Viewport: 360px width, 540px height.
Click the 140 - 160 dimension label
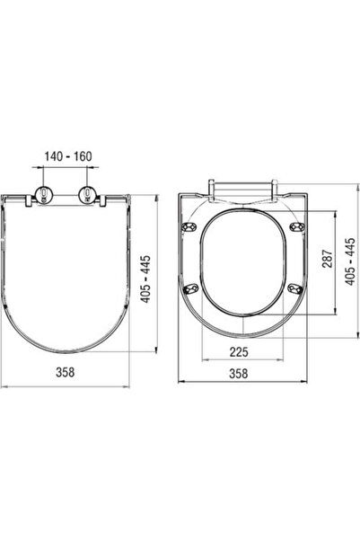pyautogui.click(x=68, y=156)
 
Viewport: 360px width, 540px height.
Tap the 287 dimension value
pyautogui.click(x=328, y=259)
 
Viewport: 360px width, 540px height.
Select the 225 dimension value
pyautogui.click(x=239, y=351)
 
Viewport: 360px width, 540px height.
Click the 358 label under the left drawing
pyautogui.click(x=65, y=372)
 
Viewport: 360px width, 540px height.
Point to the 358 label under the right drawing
pyautogui.click(x=239, y=373)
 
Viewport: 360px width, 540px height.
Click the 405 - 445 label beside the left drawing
pyautogui.click(x=146, y=279)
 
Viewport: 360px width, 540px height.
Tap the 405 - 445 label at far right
pyautogui.click(x=349, y=261)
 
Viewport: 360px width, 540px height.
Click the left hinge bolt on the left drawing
pyautogui.click(x=44, y=195)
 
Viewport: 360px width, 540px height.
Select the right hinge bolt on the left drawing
pyautogui.click(x=87, y=195)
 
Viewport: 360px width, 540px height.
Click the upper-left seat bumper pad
pyautogui.click(x=189, y=226)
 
